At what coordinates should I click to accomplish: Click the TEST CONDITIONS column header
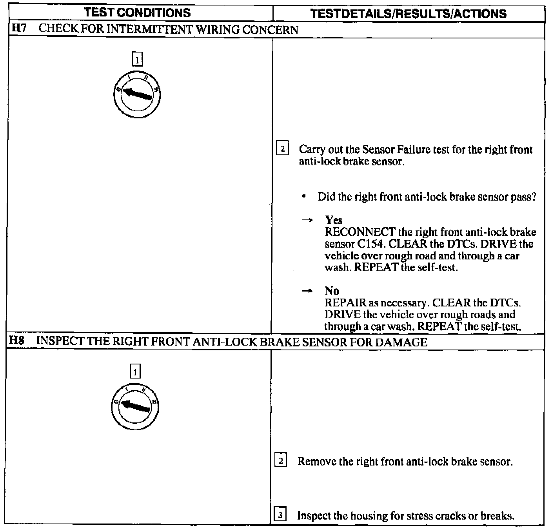(x=138, y=13)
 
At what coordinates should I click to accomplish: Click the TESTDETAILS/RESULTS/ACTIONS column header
(x=408, y=14)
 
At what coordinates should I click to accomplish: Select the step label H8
(x=16, y=341)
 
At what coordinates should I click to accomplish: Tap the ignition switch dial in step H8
(x=134, y=406)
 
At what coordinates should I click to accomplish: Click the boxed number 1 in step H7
(x=137, y=60)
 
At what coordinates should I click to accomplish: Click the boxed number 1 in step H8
(x=135, y=371)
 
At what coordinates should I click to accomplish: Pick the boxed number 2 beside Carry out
(x=282, y=149)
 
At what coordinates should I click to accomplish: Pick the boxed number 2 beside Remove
(x=281, y=460)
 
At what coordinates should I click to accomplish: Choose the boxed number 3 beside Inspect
(x=280, y=515)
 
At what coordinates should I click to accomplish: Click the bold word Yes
(x=334, y=220)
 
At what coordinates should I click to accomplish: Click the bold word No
(x=332, y=291)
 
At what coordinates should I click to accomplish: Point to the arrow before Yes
(x=307, y=220)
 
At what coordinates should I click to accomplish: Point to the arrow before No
(x=307, y=291)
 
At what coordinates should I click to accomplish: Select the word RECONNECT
(x=360, y=232)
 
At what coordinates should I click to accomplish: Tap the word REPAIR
(x=345, y=303)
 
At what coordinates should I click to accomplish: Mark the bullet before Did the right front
(x=304, y=197)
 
